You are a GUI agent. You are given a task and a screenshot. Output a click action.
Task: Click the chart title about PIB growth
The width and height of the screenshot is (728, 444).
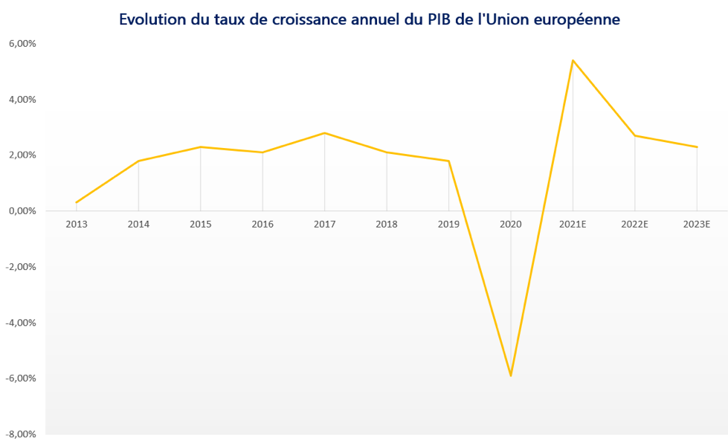coord(370,20)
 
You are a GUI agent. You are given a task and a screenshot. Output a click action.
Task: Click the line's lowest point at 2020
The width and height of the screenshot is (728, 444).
coord(511,376)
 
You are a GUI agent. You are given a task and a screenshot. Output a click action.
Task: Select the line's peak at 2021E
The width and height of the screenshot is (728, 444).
coord(573,60)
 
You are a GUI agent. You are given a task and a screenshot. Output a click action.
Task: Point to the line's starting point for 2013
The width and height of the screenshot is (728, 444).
coord(77,202)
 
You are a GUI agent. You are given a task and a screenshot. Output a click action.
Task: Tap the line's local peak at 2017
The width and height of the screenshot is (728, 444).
coord(324,133)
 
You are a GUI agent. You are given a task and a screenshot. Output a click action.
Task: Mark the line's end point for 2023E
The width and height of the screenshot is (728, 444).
coord(697,147)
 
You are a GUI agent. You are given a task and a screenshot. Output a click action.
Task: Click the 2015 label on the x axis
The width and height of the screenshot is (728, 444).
coord(200,223)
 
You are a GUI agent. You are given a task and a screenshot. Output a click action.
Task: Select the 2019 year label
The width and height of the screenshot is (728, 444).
coord(448,223)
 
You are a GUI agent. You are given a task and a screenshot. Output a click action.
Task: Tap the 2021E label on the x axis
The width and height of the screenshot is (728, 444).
coord(573,223)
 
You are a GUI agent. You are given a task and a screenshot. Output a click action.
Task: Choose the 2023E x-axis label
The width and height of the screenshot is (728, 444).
coord(697,223)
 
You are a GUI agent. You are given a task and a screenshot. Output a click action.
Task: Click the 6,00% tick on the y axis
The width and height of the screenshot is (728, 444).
coord(22,44)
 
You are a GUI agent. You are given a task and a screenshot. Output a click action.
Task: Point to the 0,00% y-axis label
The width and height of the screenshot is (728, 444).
coord(22,211)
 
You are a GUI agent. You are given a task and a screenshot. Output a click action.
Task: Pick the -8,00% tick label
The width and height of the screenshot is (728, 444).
coord(22,434)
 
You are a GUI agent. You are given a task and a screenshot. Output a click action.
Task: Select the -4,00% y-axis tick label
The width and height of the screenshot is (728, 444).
coord(22,322)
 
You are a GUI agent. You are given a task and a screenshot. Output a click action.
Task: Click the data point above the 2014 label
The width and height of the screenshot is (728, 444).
coord(138,161)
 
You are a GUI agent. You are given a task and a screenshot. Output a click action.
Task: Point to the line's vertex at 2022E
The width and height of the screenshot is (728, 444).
coord(634,135)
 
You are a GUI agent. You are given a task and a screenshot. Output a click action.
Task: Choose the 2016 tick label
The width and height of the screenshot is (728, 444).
coord(262,223)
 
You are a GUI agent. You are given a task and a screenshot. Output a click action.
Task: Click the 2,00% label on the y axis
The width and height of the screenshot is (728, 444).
coord(22,155)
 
